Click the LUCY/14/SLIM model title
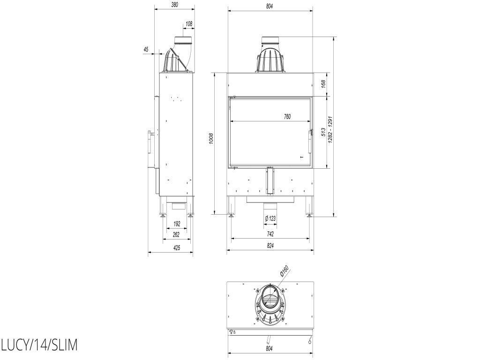(x=39, y=345)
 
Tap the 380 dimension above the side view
(x=174, y=5)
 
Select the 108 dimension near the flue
(x=189, y=23)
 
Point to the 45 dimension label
(x=146, y=49)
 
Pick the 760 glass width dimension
(x=287, y=116)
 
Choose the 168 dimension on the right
(x=323, y=84)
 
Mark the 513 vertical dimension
(x=323, y=132)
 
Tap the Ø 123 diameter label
(x=270, y=218)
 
